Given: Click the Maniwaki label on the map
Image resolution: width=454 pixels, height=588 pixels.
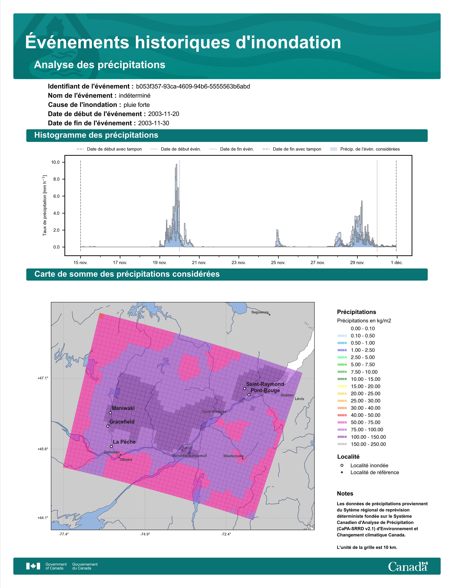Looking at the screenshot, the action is (123, 408).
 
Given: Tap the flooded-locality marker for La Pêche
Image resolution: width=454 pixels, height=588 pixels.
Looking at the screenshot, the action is (111, 446).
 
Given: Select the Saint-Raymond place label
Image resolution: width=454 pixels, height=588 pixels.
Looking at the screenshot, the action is (265, 384).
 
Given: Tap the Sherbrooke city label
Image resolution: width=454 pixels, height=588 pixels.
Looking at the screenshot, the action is (233, 456).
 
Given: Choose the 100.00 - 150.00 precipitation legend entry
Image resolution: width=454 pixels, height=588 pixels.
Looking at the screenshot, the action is (361, 437).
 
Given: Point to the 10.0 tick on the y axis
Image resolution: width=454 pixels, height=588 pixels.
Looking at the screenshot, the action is (55, 162).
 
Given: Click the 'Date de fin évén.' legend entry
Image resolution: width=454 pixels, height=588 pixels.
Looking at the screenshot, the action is (232, 149).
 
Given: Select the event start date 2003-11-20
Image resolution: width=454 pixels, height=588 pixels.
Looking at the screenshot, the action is (163, 114).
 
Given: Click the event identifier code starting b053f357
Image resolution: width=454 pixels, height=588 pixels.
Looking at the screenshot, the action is (193, 86).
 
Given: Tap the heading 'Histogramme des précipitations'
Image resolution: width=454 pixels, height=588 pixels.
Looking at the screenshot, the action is (96, 135).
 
